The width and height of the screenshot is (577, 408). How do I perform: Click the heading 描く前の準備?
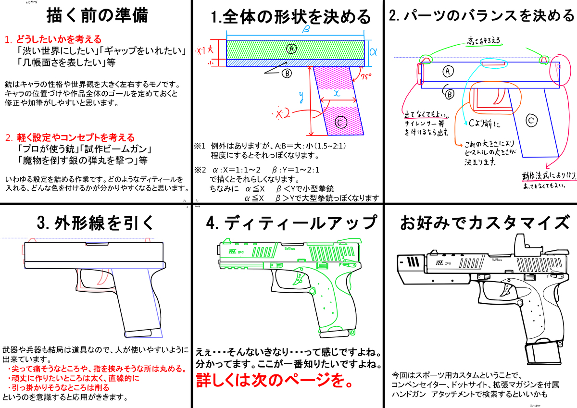[x=97, y=16]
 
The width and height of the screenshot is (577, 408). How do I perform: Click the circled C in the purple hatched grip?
[x=339, y=123]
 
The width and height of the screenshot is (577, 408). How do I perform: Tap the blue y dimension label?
[x=301, y=98]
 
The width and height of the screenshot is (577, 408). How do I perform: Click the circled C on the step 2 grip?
[x=531, y=121]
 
